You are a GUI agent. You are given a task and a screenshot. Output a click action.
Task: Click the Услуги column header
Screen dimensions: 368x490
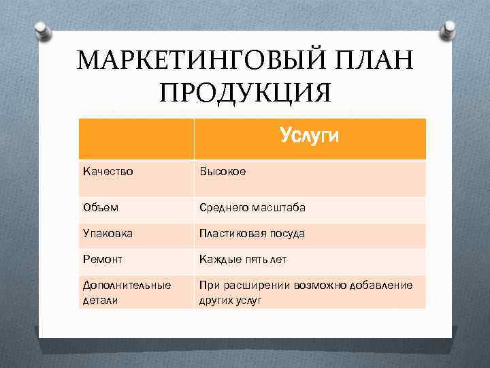click(x=309, y=138)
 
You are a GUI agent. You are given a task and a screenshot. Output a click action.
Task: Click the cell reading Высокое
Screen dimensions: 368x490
click(x=222, y=171)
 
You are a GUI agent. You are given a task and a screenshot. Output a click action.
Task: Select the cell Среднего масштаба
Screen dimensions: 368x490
click(x=252, y=207)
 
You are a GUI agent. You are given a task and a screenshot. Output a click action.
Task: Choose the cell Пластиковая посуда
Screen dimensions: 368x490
click(x=251, y=233)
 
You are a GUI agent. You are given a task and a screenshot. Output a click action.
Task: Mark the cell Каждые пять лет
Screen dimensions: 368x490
click(x=243, y=259)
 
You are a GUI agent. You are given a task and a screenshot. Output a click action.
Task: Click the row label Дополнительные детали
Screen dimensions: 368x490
click(x=126, y=292)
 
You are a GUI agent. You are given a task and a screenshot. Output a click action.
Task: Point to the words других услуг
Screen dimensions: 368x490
click(x=230, y=299)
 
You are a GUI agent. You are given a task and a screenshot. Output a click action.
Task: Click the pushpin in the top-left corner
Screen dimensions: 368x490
click(x=41, y=31)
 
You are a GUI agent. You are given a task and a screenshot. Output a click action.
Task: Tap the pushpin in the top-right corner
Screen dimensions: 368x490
click(x=448, y=29)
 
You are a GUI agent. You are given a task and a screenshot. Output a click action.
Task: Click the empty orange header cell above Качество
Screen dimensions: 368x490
click(x=136, y=138)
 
